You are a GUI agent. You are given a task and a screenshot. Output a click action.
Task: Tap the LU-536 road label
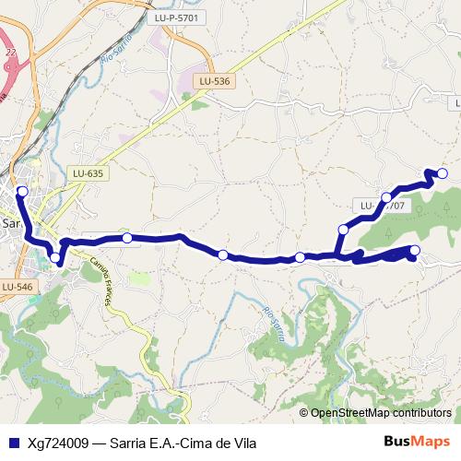[214, 81]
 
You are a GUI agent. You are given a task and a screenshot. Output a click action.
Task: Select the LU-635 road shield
[89, 171]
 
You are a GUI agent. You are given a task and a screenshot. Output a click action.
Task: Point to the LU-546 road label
[17, 287]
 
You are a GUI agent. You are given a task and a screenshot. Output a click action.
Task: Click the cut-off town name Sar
[11, 222]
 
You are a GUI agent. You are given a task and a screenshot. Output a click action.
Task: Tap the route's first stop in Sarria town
[22, 191]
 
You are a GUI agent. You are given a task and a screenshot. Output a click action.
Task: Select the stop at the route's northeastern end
[442, 173]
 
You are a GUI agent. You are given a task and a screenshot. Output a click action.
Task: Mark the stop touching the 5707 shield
[386, 197]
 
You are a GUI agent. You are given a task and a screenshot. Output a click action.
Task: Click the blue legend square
[12, 442]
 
